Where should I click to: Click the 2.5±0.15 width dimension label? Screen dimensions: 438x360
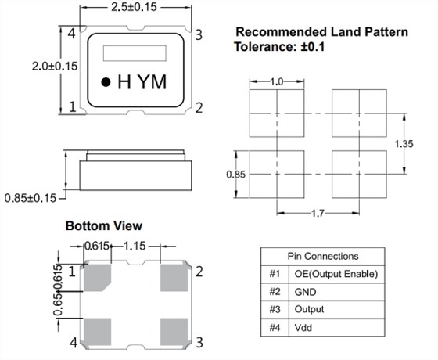[x=134, y=7]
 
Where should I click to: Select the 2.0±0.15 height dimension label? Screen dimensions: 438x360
[x=55, y=67]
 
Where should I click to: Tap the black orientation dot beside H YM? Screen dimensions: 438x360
[x=106, y=82]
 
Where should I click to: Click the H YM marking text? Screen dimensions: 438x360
[x=142, y=82]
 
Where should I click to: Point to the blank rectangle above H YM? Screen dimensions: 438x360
[x=135, y=53]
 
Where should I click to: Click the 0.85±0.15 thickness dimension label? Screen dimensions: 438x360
[x=31, y=199]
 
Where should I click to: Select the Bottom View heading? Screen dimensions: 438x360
[x=104, y=226]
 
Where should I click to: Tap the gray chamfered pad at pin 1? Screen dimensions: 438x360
[x=98, y=278]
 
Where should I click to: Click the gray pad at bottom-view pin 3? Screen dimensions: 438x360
[x=174, y=332]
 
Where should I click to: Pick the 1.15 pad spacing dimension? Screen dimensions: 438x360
[x=135, y=247]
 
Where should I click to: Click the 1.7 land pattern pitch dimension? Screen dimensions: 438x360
[x=318, y=214]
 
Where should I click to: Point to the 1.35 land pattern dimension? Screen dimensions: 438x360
[x=404, y=144]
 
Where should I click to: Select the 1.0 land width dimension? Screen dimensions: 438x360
[x=277, y=82]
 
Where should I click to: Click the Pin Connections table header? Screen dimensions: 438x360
[x=323, y=257]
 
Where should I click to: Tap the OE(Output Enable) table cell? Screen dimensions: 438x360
[x=336, y=274]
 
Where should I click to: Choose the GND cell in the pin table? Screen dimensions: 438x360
[x=305, y=292]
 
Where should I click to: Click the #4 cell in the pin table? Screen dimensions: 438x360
[x=275, y=327]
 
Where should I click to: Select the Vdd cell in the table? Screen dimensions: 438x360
[x=303, y=327]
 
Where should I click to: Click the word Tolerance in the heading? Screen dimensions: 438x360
[x=265, y=47]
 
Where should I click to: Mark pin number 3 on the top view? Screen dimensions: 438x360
[x=199, y=35]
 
